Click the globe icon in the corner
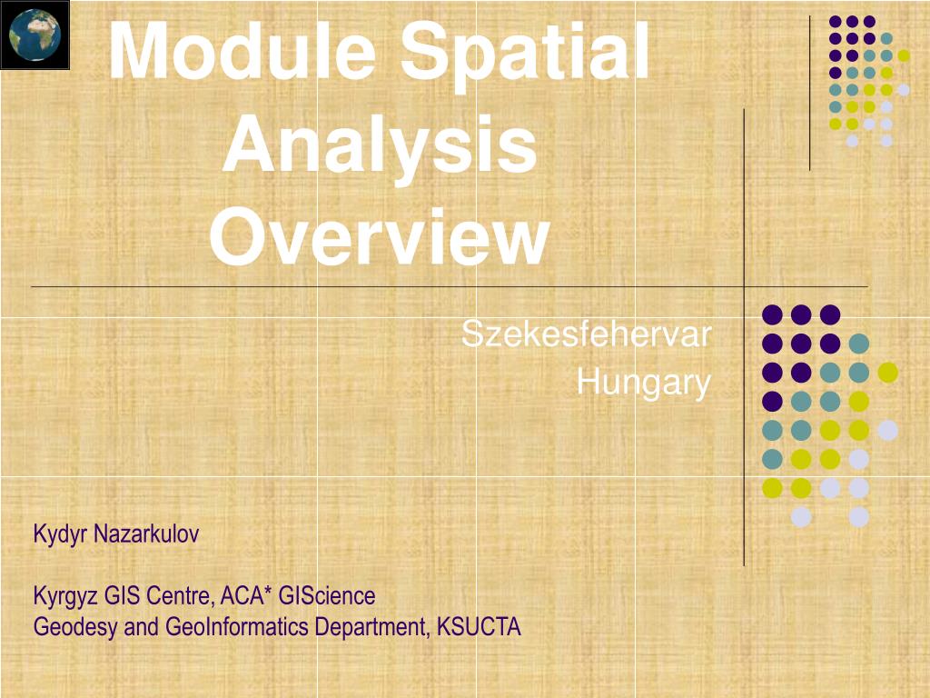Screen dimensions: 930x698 35,35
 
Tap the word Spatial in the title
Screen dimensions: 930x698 525,55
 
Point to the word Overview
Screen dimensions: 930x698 381,237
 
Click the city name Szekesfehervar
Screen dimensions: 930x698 587,334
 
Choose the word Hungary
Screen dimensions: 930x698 644,383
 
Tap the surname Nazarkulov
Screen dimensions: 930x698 146,533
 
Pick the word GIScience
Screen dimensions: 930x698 327,595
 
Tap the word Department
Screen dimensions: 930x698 371,628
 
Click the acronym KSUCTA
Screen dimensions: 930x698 479,627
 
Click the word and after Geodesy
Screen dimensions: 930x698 141,627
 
